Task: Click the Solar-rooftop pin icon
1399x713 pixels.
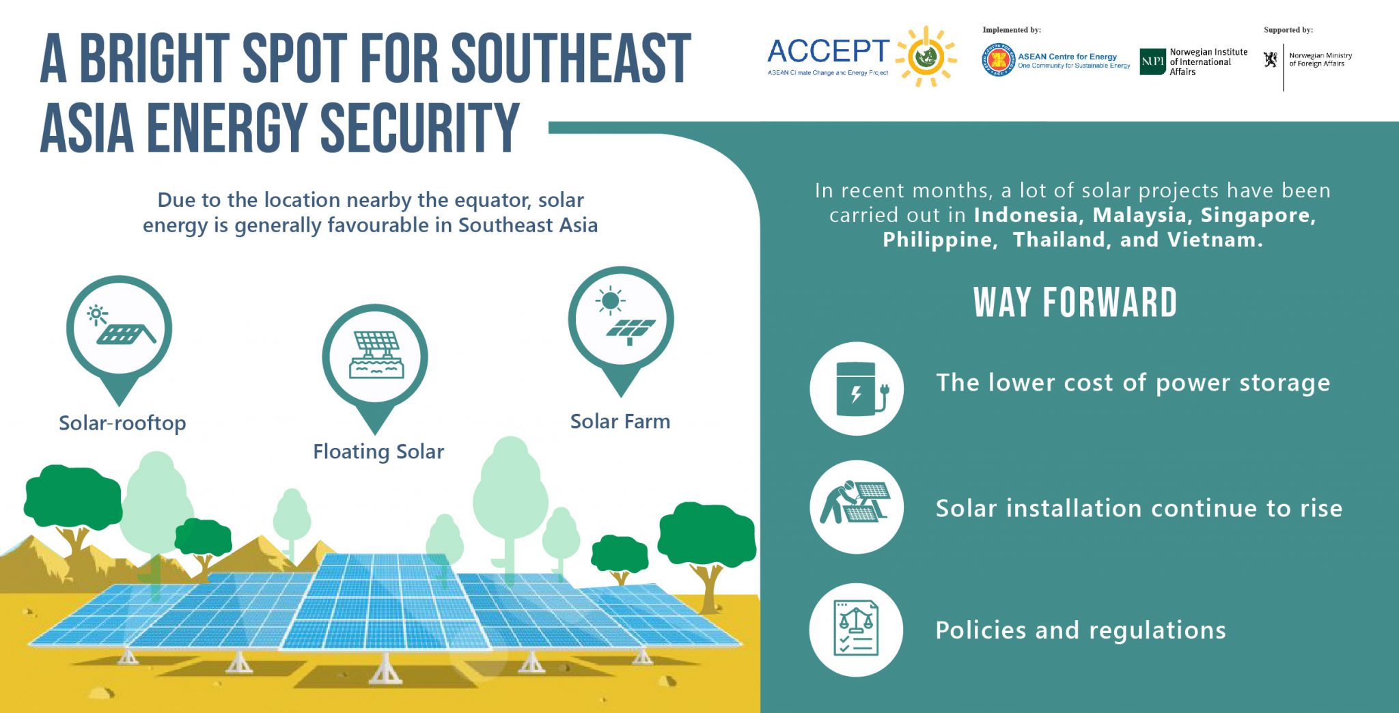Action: pyautogui.click(x=119, y=331)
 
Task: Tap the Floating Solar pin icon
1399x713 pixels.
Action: pyautogui.click(x=375, y=359)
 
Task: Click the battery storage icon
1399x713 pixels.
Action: pyautogui.click(x=857, y=389)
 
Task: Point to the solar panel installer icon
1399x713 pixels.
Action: pyautogui.click(x=857, y=507)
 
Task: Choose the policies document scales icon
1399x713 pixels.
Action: pyautogui.click(x=857, y=629)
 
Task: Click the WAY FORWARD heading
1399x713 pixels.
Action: pyautogui.click(x=1075, y=303)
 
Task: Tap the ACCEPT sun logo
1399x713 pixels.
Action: pyautogui.click(x=926, y=57)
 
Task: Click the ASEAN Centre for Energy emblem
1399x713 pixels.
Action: pyautogui.click(x=999, y=61)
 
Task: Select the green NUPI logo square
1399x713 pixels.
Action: pyautogui.click(x=1152, y=61)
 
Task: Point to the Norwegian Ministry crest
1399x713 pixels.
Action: pyautogui.click(x=1270, y=60)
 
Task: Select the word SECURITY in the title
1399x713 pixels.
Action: pyautogui.click(x=419, y=128)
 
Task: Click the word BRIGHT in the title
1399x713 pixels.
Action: pyautogui.click(x=154, y=59)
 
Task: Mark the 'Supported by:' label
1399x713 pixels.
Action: pyautogui.click(x=1288, y=30)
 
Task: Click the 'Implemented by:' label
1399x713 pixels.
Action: pyautogui.click(x=1012, y=30)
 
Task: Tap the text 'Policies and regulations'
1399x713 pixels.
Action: pyautogui.click(x=1080, y=630)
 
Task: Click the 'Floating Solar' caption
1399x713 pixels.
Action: pyautogui.click(x=378, y=451)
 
